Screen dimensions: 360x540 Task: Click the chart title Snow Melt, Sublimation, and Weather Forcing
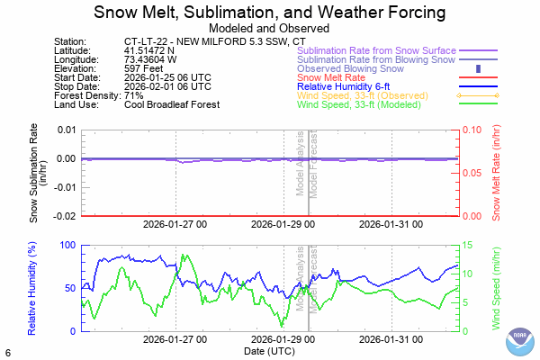pos(270,13)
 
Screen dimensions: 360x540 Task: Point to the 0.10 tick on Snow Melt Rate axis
pos(474,130)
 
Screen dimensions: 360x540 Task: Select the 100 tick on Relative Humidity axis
pos(66,245)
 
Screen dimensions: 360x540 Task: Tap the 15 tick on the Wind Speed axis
pos(469,245)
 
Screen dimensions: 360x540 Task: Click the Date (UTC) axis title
pos(270,350)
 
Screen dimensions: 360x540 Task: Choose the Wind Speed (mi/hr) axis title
pos(497,288)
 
